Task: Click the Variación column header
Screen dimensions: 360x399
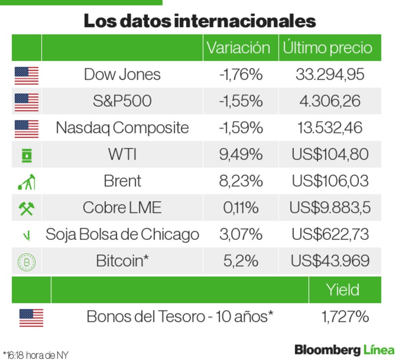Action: click(238, 48)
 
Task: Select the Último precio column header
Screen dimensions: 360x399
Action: click(327, 48)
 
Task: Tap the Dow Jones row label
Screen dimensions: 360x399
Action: click(122, 75)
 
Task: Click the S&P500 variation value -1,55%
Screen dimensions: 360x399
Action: click(241, 101)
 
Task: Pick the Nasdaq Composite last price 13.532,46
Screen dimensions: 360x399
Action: click(330, 128)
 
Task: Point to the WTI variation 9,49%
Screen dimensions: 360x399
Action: click(241, 154)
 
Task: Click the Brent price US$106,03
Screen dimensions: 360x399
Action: click(330, 181)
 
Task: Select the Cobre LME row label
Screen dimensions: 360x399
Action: click(122, 208)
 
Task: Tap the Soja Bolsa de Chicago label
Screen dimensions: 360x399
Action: click(122, 234)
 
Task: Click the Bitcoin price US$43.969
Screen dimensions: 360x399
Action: click(330, 261)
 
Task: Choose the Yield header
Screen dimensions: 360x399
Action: click(342, 290)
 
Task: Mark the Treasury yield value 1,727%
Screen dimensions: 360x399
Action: click(345, 317)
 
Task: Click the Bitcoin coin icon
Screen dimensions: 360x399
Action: click(26, 262)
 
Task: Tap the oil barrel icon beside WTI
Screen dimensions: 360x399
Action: click(26, 155)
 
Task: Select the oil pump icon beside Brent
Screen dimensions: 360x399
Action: click(26, 182)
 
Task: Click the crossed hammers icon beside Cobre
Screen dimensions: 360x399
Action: click(26, 208)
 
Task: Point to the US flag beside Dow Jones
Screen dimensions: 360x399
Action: click(26, 75)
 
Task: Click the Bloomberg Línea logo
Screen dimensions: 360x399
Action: click(344, 350)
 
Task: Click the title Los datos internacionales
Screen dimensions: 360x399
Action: click(199, 21)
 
